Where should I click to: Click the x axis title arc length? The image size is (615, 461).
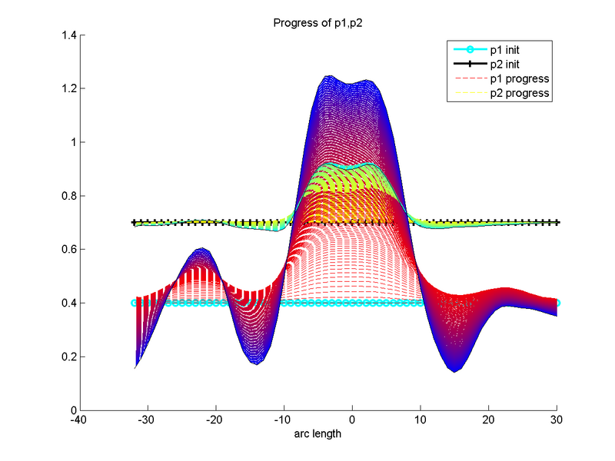pos(317,434)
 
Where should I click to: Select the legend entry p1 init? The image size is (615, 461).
pos(513,50)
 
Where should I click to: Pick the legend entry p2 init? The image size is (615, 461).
pos(513,65)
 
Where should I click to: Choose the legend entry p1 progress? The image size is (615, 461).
pos(519,79)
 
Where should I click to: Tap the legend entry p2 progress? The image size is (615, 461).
pos(519,93)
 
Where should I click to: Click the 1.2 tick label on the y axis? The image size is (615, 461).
pos(67,89)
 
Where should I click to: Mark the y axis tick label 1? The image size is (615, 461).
pos(71,142)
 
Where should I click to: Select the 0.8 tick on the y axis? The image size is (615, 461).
pos(67,196)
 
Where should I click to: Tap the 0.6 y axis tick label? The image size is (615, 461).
pos(67,250)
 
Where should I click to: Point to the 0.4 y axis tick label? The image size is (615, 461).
pos(67,303)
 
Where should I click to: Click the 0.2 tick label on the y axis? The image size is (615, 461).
pos(67,357)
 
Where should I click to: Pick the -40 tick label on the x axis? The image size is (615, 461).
pos(79,421)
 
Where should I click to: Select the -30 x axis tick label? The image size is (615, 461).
pos(148,421)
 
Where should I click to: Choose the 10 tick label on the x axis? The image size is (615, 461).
pos(421,421)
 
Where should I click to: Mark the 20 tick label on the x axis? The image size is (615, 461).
pos(489,421)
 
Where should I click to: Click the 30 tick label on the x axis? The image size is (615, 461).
pos(557,421)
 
